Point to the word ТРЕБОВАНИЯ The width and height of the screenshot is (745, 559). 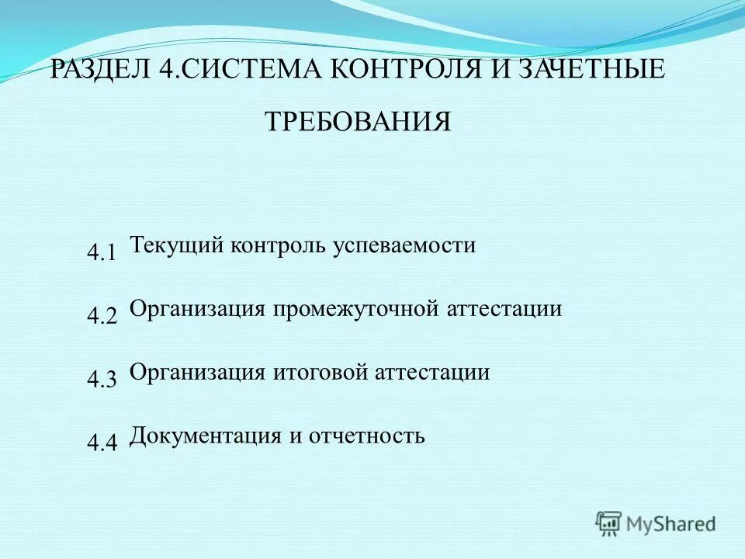pos(358,122)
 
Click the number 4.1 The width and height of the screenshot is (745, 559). pos(102,252)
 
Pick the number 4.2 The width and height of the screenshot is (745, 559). pos(102,316)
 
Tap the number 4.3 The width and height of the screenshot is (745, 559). pos(102,380)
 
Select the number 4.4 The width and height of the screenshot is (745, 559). pos(102,443)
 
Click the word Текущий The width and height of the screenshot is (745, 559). pos(177,246)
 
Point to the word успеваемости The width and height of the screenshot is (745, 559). pos(405,246)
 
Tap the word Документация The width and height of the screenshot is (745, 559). pos(205,435)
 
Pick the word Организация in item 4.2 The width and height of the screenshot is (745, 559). pos(198,309)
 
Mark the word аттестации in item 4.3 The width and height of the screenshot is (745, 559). pos(433,373)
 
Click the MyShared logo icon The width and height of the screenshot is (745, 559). pos(609,523)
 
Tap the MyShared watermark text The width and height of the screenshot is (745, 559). pos(671,524)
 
